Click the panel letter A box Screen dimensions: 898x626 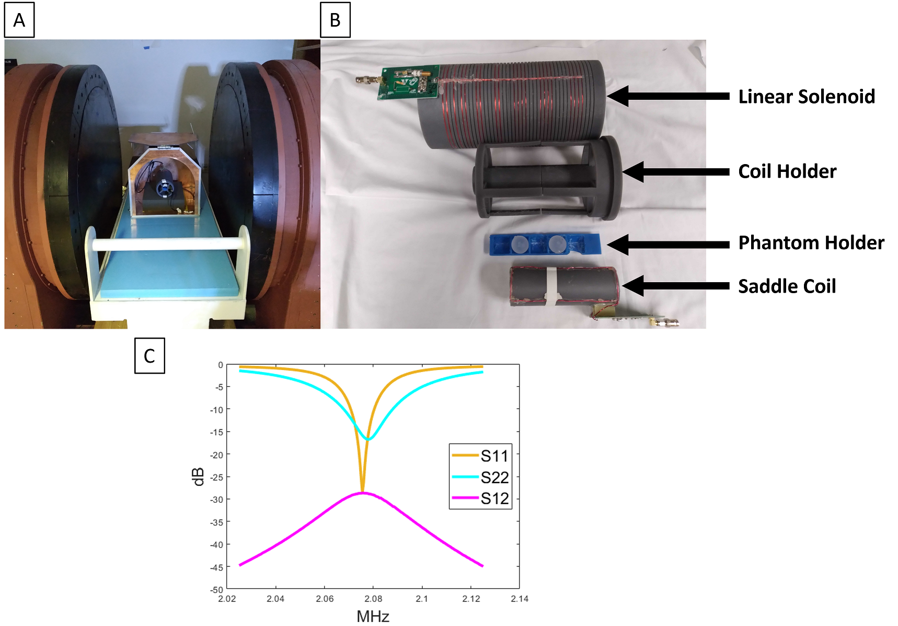point(19,20)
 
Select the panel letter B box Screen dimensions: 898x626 point(335,20)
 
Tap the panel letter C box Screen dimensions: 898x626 point(149,355)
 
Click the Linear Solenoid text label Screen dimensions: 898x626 point(807,97)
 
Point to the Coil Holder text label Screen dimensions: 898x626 point(787,171)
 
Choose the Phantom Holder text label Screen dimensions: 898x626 point(811,243)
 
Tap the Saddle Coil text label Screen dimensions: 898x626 point(787,286)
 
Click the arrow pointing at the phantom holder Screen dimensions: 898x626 point(668,245)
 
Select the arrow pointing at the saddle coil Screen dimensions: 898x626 point(676,286)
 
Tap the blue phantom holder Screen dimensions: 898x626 point(545,244)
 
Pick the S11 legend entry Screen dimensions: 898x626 point(480,456)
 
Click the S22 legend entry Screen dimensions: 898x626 point(480,477)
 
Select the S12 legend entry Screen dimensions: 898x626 point(480,498)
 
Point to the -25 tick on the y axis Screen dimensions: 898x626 point(216,477)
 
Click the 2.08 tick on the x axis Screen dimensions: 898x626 point(373,599)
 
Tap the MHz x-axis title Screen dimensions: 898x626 point(373,617)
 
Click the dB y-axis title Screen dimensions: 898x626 point(198,477)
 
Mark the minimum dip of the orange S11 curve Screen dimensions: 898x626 point(362,492)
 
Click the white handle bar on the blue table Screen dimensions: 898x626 point(167,244)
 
